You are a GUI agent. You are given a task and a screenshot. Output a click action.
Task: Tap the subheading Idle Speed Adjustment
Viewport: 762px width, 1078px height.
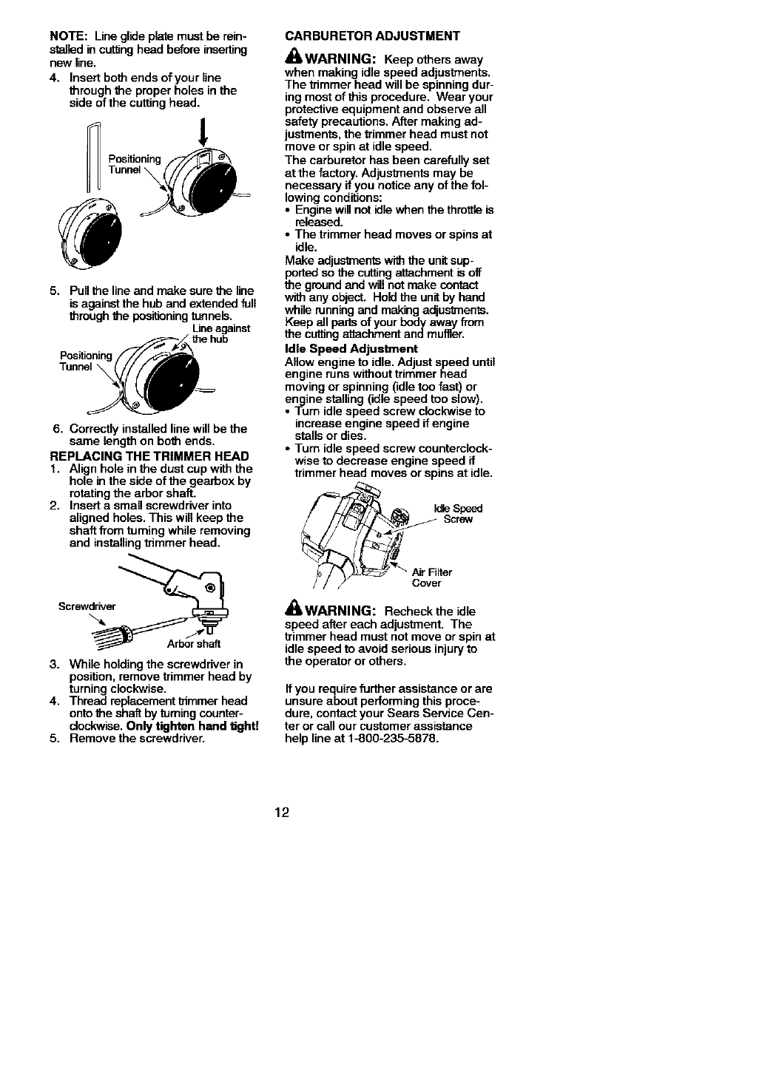click(x=351, y=348)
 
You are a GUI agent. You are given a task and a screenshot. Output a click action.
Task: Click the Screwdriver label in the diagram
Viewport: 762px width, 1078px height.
click(x=87, y=607)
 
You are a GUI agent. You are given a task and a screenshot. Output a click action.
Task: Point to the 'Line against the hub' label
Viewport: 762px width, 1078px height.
click(x=211, y=334)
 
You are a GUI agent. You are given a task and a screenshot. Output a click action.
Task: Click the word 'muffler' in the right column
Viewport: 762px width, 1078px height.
click(x=442, y=334)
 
